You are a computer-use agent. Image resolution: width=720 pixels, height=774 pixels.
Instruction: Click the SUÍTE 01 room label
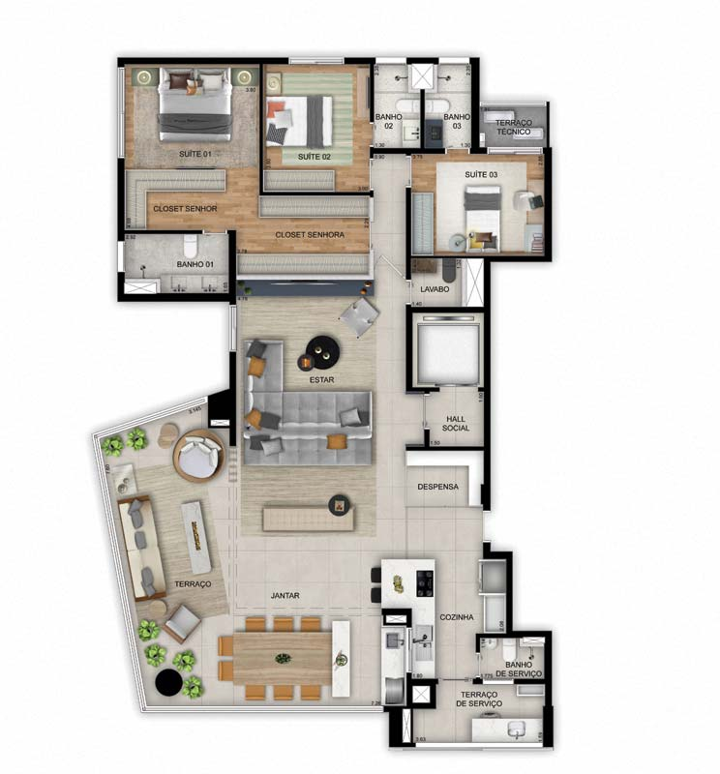[x=195, y=155]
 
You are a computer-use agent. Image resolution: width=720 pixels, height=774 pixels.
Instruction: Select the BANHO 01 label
[x=195, y=264]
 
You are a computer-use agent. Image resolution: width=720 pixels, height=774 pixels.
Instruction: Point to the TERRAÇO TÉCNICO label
[x=513, y=127]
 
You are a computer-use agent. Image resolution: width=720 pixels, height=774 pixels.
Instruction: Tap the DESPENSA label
[x=437, y=487]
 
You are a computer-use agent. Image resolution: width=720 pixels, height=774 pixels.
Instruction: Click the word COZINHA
[x=457, y=616]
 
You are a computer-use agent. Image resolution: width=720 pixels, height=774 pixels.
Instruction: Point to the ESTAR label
[x=321, y=380]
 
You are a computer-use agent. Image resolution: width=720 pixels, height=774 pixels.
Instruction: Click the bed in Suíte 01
[x=196, y=104]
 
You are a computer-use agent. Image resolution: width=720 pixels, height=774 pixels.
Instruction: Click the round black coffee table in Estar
[x=320, y=350]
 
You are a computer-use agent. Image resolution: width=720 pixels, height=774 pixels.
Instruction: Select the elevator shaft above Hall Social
[x=446, y=349]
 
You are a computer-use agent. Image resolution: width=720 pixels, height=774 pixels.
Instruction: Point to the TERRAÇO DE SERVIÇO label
[x=481, y=700]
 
